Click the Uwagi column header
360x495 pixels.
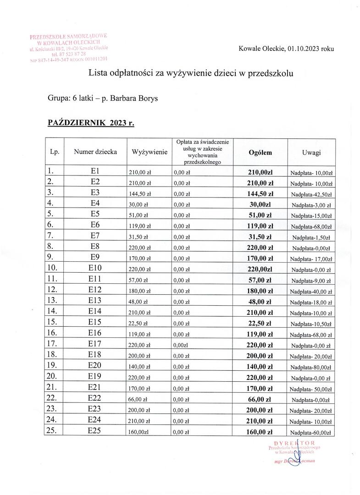pos(311,152)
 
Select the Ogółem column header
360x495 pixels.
pos(260,152)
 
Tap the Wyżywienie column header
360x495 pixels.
pos(149,152)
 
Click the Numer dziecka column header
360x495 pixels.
pos(95,152)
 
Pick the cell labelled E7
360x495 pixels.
pos(95,236)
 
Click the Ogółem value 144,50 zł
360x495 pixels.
pos(260,193)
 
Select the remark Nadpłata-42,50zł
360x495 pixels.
pos(311,194)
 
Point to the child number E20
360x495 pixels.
pos(95,366)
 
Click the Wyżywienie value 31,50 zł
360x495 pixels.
pos(138,237)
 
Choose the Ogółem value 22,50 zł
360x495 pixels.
pos(260,323)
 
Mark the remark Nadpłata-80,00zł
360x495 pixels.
pos(311,367)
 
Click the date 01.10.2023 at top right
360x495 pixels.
pos(305,48)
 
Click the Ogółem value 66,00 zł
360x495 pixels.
pos(260,399)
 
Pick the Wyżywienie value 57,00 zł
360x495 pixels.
pos(138,280)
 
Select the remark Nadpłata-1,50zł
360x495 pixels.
pos(311,237)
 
